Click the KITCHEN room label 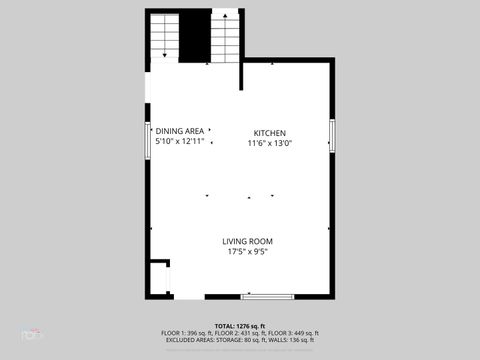coord(269,133)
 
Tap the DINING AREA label coord(180,131)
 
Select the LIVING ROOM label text coord(247,241)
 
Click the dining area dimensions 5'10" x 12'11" coord(180,141)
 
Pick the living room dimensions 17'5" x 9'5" coord(247,251)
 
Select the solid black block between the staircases coord(195,37)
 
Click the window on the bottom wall coord(267,296)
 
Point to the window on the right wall coord(333,135)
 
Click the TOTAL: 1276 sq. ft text coord(240,326)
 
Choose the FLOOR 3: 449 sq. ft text coord(293,333)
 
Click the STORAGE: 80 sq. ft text coord(239,340)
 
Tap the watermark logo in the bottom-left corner coord(32,333)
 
